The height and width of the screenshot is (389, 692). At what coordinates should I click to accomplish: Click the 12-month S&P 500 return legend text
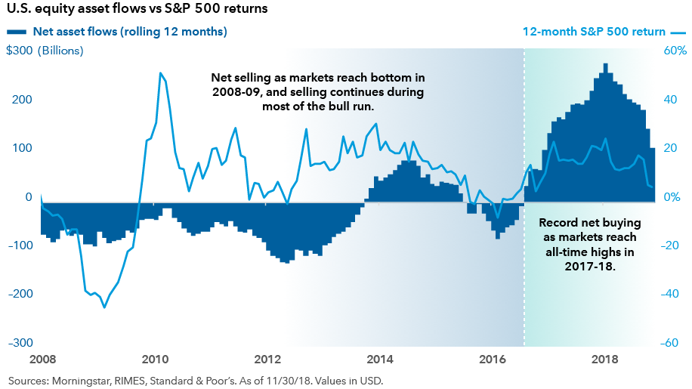coord(594,32)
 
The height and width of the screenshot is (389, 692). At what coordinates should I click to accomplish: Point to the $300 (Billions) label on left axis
coord(45,51)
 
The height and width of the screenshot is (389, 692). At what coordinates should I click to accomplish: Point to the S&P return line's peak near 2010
coord(160,73)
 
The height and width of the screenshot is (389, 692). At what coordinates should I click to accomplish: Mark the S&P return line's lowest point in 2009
coord(104,307)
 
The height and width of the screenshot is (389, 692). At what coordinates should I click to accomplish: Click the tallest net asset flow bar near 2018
coord(605,63)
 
